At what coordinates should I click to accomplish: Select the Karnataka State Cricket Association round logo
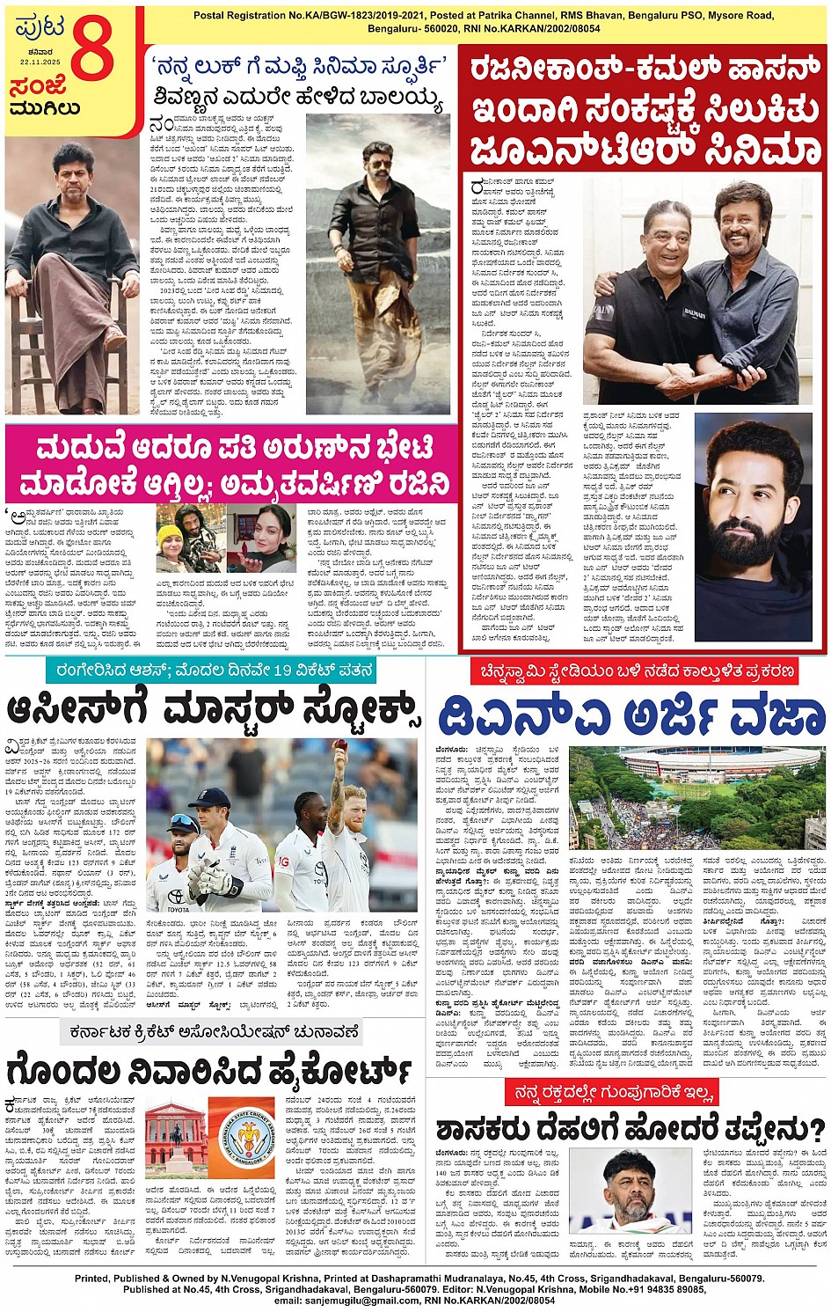[247, 1138]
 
